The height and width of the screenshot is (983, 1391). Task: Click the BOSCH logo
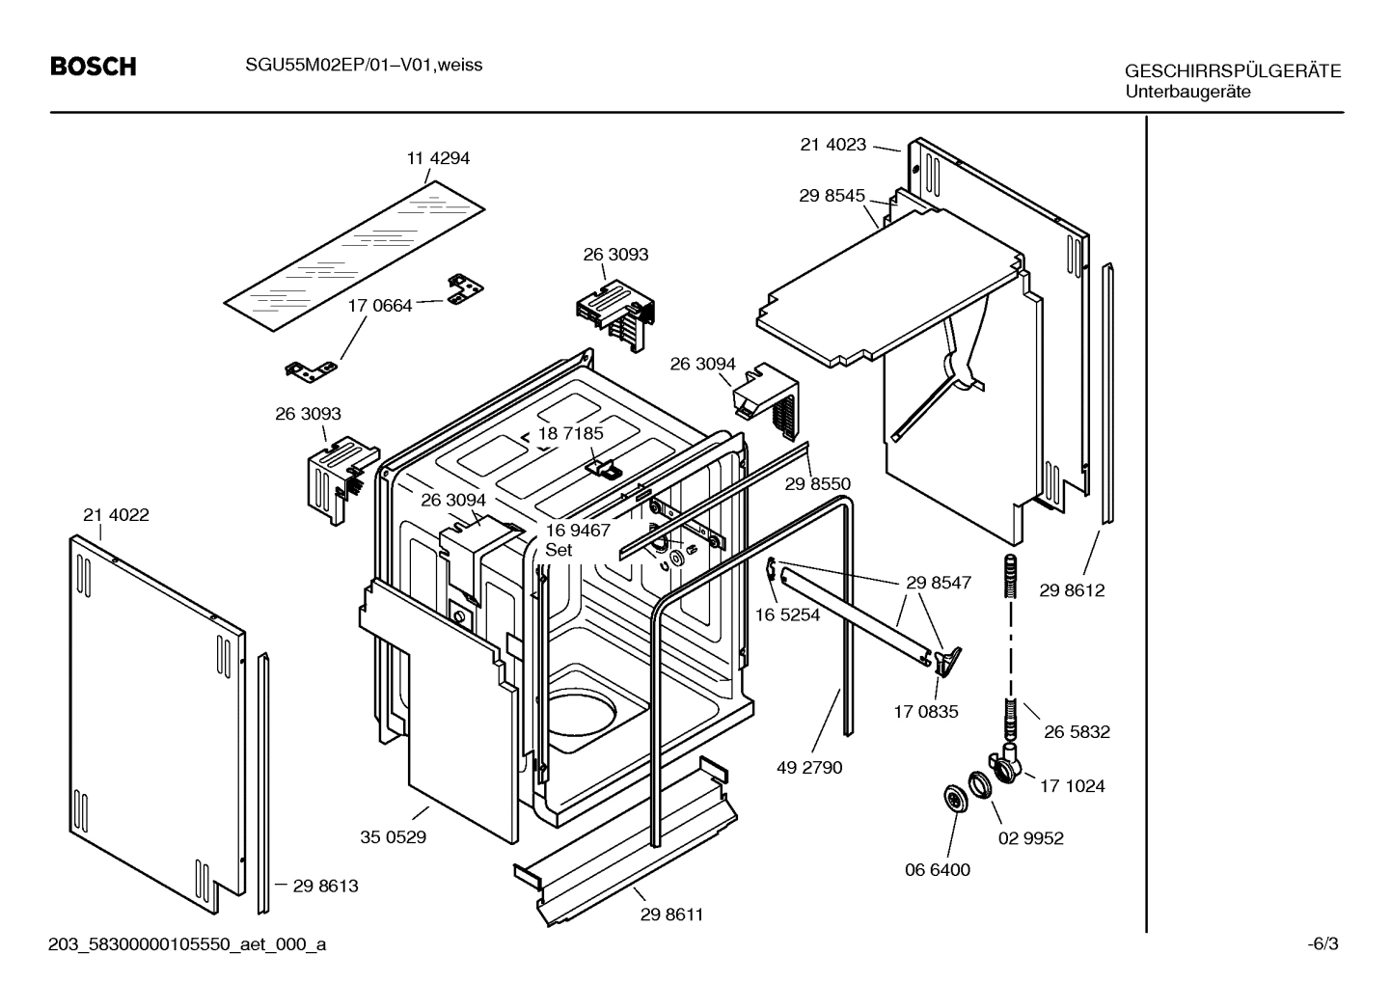93,67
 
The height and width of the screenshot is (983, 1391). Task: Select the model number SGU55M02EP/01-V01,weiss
357,65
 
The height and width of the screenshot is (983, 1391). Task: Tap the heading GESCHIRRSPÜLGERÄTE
1232,71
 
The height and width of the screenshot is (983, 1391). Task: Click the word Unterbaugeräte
1187,92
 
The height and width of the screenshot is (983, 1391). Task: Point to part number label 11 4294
438,158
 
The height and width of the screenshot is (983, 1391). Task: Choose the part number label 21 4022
116,515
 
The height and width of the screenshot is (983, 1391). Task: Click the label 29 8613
326,886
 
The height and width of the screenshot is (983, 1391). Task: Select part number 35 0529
394,837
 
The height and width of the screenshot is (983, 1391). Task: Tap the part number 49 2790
809,768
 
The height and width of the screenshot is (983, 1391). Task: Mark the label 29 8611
671,915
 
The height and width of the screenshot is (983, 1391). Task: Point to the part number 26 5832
1077,732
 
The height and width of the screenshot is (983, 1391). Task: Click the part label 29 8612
1072,590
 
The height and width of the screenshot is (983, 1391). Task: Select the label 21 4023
833,145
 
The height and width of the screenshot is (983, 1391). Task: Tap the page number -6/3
1323,944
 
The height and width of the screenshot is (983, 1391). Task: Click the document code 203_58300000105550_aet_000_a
187,944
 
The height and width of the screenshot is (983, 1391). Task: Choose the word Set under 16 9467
559,550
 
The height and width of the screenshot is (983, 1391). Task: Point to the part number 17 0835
926,712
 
